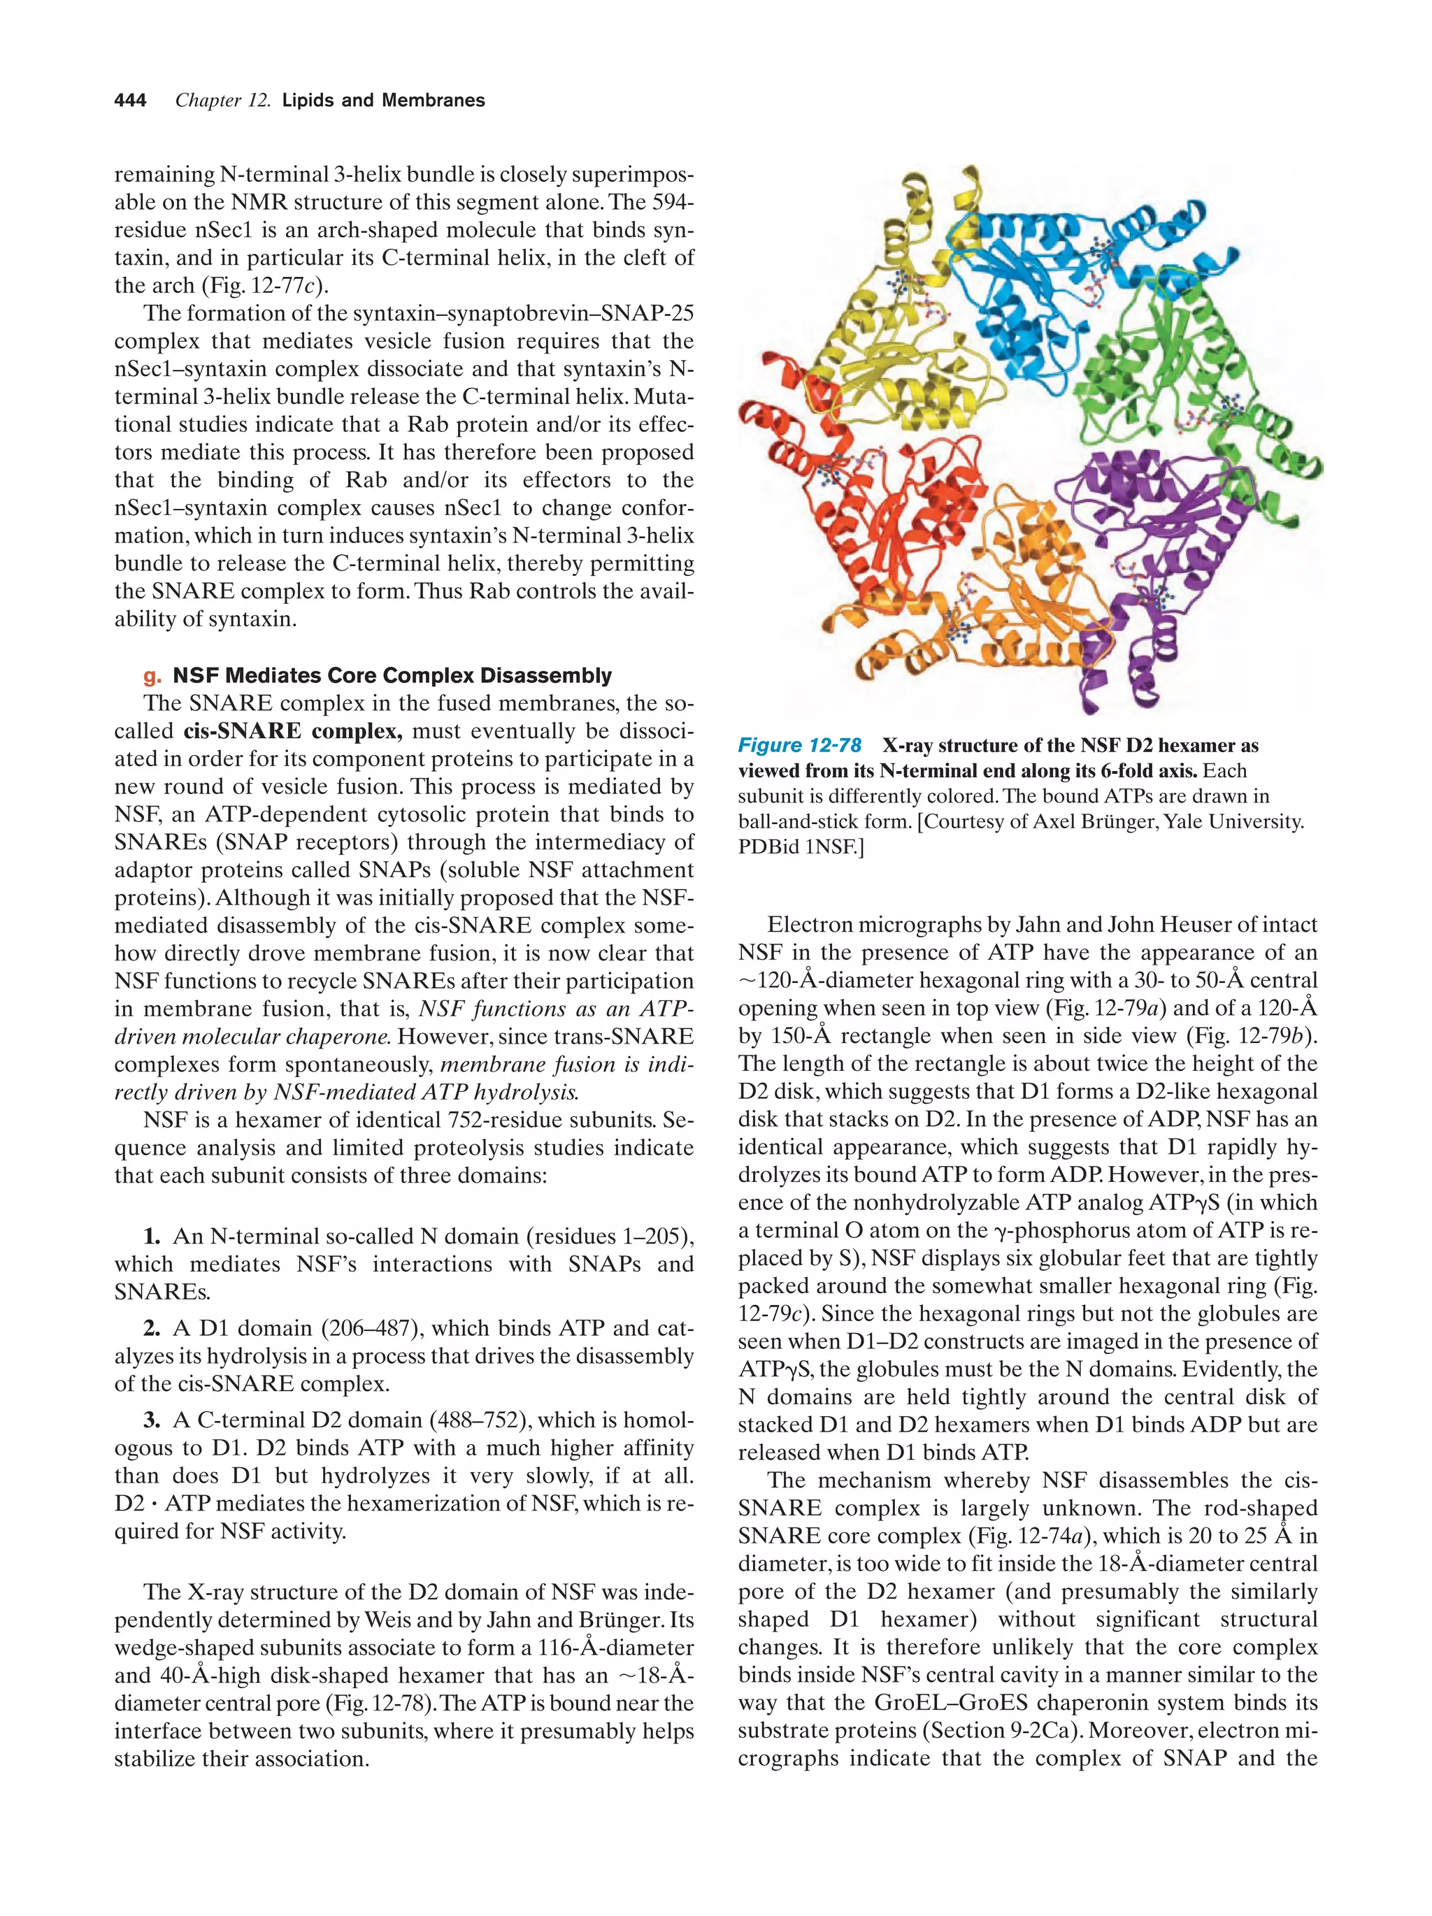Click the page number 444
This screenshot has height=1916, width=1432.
pos(130,101)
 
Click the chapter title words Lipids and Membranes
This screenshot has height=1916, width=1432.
pos(383,101)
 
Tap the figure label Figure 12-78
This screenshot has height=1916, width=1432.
pos(799,746)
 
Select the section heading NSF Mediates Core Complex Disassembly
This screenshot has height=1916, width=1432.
pos(392,676)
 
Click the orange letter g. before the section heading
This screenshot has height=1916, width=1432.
pos(152,677)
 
